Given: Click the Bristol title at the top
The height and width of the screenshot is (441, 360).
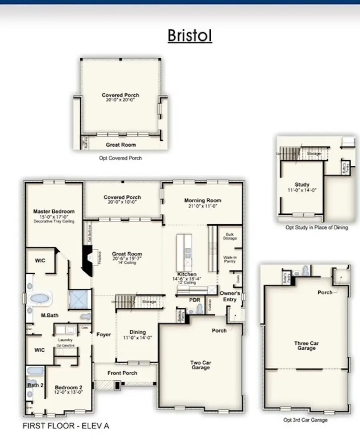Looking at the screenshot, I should coord(190,35).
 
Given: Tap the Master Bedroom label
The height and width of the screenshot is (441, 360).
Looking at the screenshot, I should coord(54,212).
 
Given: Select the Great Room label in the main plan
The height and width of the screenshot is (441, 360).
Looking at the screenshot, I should coord(127,254).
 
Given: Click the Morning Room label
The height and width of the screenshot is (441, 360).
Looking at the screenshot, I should coord(202,200).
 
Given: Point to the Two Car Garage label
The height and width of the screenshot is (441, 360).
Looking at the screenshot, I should coord(200,365).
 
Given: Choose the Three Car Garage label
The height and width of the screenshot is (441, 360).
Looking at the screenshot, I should coord(306,345).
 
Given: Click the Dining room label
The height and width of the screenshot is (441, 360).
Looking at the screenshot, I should coord(138,332).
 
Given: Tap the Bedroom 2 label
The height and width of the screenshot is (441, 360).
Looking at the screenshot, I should coord(68,387).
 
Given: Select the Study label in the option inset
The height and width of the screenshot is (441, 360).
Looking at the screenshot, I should coord(302,185).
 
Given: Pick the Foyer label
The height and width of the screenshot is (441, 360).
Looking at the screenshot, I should coord(104,335).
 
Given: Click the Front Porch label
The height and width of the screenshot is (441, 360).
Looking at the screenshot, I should coord(122,373).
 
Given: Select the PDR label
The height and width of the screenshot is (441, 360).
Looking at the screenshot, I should coord(195,299).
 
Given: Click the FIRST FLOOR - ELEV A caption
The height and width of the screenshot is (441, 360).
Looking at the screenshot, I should coord(66,426).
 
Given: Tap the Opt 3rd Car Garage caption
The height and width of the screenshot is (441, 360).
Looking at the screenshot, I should coord(306,420).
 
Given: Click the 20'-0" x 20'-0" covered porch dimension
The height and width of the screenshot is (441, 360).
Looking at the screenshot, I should coord(120,100).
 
